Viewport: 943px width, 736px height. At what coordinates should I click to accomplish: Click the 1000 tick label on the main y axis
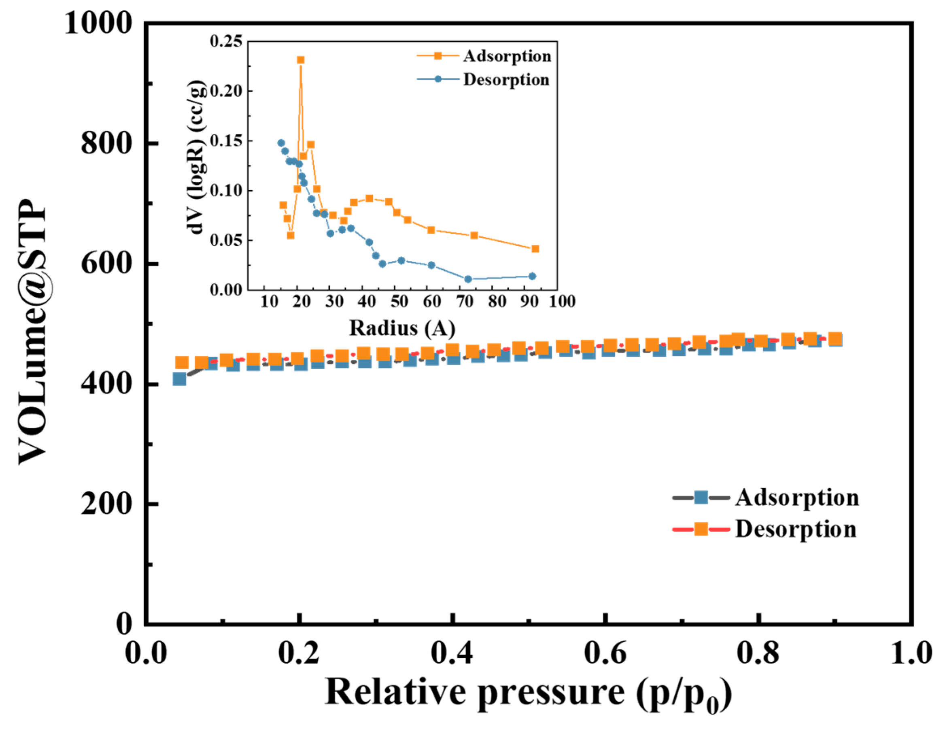tap(98, 23)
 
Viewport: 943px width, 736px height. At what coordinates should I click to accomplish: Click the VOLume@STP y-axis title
tap(33, 332)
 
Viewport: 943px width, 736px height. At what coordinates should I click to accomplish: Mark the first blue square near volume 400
tap(179, 379)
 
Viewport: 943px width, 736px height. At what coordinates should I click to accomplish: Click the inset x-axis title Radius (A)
tap(402, 328)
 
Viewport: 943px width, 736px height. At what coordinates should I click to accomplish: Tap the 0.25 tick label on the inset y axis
tap(226, 41)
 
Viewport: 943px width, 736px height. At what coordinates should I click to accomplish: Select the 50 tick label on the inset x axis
tap(399, 301)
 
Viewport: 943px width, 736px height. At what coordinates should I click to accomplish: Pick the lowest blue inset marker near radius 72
tap(468, 279)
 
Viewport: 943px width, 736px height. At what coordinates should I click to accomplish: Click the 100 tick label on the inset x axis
tap(562, 301)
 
